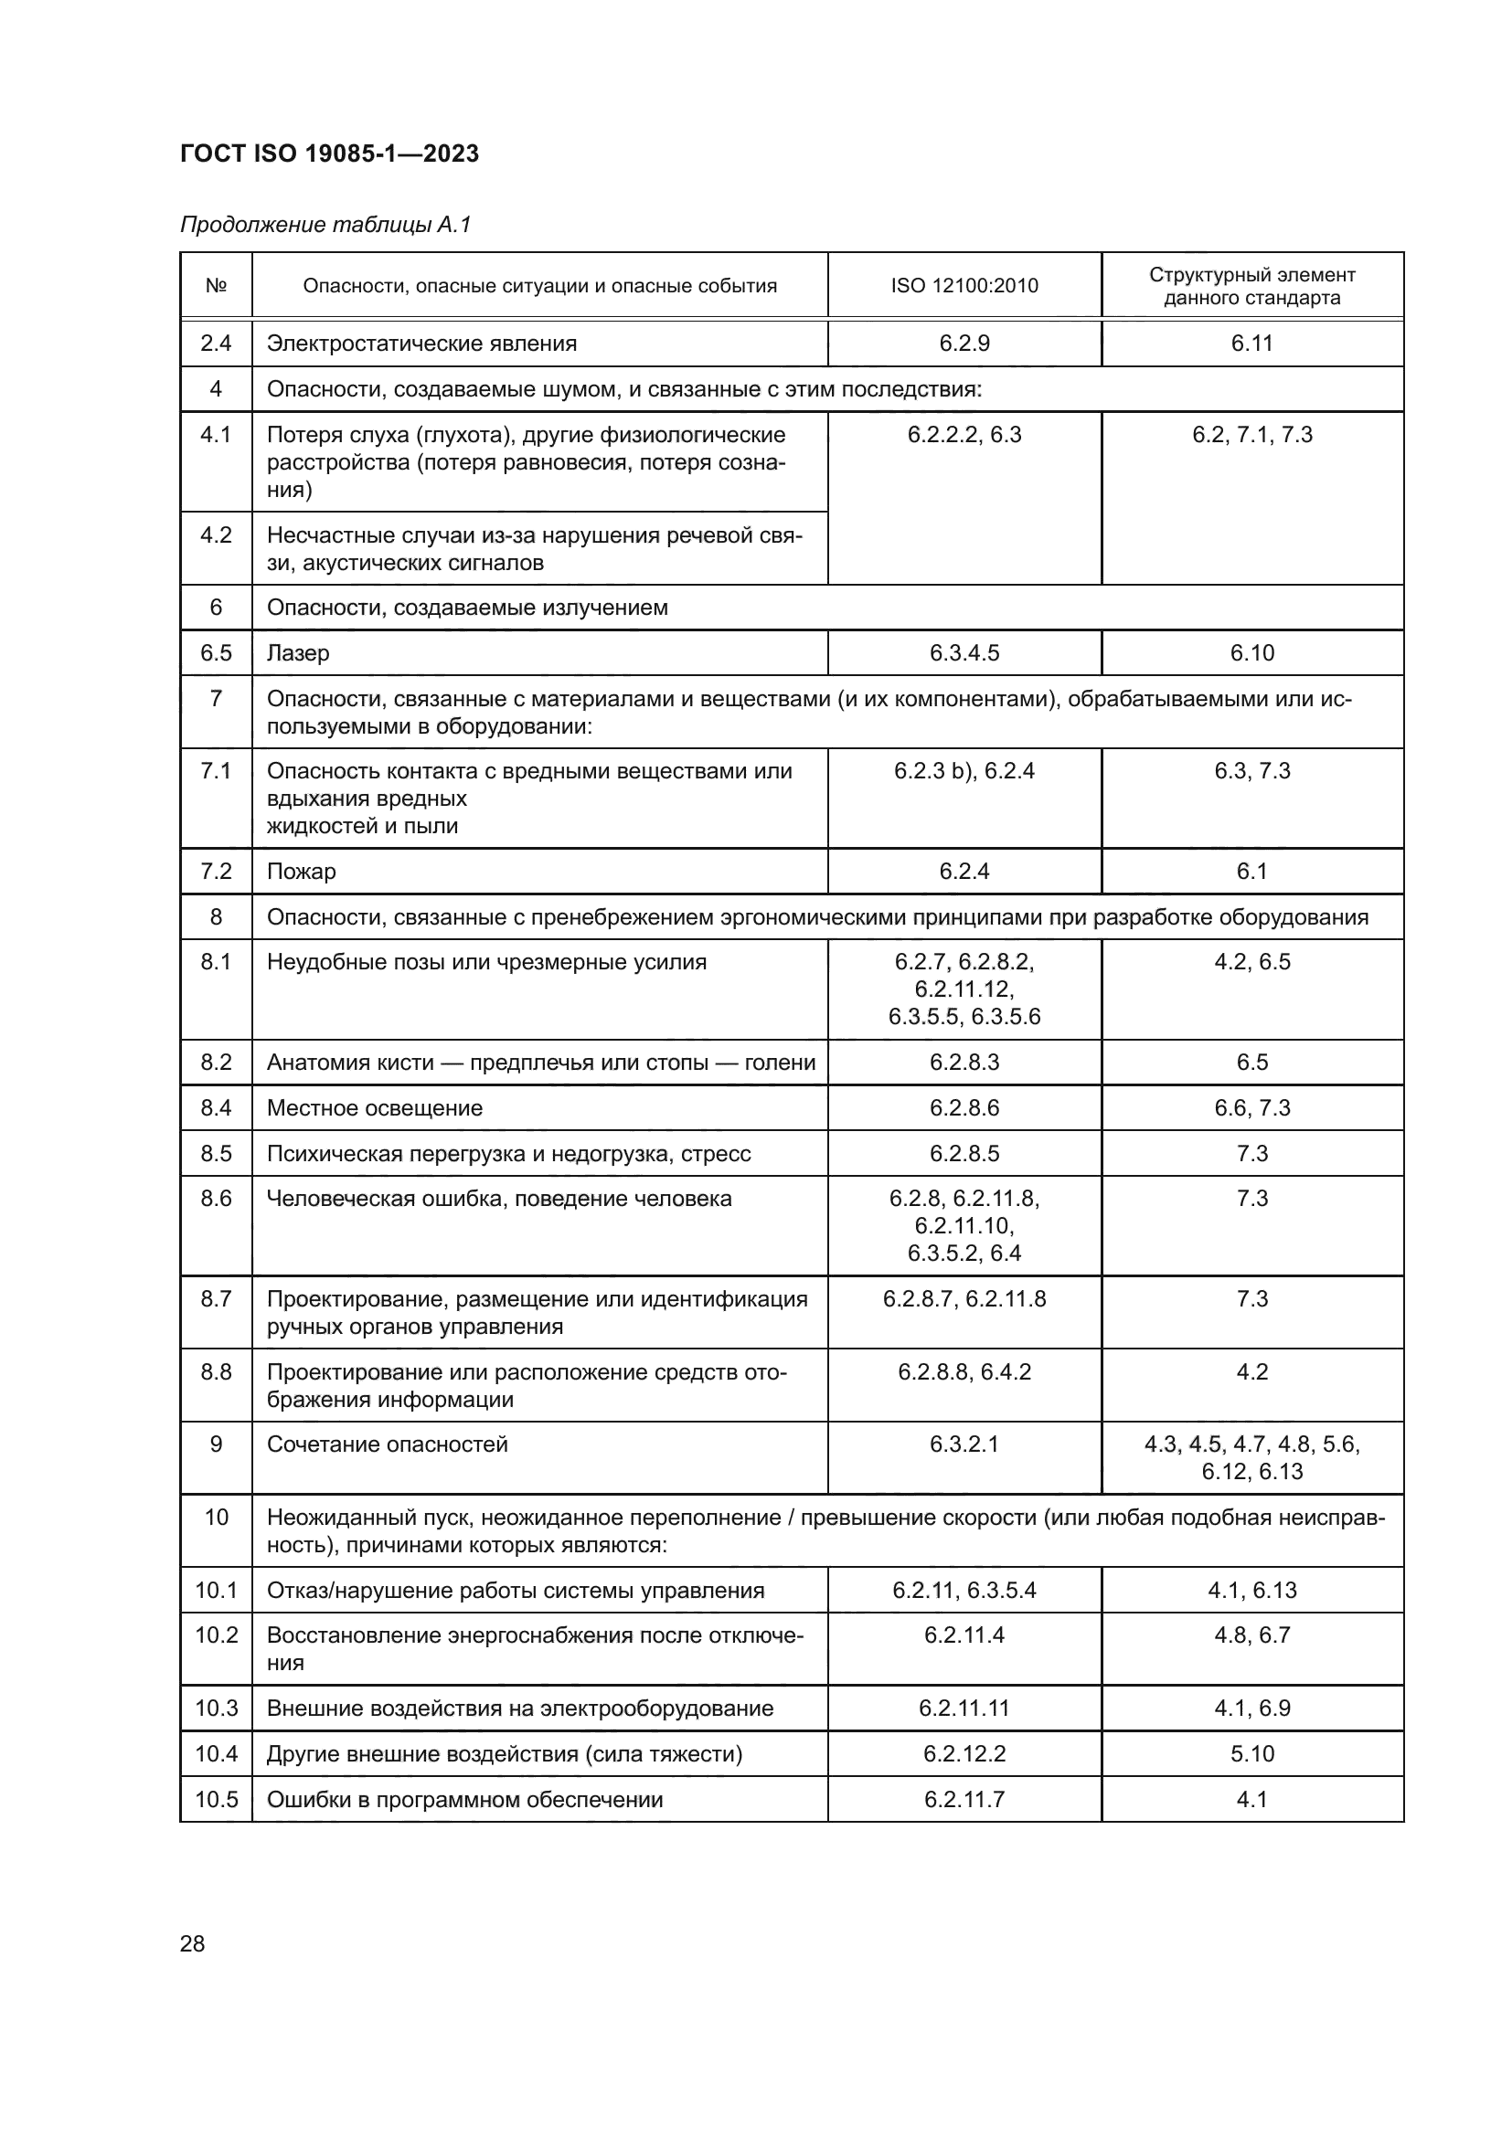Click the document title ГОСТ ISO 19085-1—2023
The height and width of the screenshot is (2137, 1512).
[x=329, y=153]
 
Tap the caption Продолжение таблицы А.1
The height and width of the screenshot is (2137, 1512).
[x=325, y=225]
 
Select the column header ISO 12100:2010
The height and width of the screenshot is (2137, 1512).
[x=964, y=286]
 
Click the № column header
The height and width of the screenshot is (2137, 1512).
[x=216, y=286]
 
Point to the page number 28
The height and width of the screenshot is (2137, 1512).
[x=192, y=1943]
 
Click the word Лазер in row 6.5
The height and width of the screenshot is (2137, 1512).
[x=298, y=652]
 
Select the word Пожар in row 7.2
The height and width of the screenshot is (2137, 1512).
[x=301, y=872]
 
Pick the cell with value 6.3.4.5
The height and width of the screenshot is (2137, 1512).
[x=964, y=652]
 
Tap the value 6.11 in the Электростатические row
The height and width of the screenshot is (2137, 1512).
[x=1251, y=344]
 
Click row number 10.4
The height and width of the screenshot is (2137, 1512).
[x=216, y=1753]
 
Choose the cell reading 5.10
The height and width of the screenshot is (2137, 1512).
[x=1251, y=1753]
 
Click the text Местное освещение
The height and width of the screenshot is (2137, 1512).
[x=374, y=1107]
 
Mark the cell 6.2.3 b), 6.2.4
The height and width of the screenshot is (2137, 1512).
[x=964, y=771]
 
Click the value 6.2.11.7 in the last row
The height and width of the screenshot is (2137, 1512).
[x=964, y=1799]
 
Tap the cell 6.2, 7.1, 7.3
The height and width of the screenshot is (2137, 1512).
[x=1251, y=435]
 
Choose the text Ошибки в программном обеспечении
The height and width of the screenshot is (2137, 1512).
[x=464, y=1799]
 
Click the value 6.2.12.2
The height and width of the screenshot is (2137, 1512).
[x=964, y=1753]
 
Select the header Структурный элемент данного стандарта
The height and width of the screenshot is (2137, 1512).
[x=1251, y=286]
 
